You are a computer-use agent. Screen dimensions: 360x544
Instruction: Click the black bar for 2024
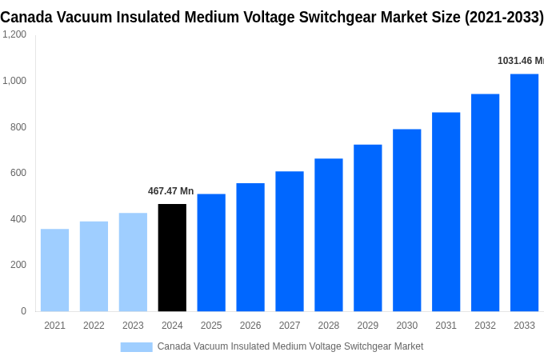point(172,258)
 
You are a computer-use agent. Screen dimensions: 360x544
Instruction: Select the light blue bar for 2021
point(54,270)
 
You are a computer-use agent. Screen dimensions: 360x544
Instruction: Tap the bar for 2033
point(524,192)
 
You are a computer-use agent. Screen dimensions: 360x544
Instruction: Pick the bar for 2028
point(328,234)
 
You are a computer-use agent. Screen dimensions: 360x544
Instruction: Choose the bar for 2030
point(406,220)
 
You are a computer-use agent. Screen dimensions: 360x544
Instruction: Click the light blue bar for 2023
point(133,262)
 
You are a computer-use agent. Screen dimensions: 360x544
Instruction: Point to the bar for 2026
point(250,247)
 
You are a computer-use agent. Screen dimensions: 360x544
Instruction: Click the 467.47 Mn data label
point(170,191)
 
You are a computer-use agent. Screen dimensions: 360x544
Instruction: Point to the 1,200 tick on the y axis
point(14,34)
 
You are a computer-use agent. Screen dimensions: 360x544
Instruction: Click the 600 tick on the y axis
point(18,173)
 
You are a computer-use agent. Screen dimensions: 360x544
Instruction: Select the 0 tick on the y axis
point(23,311)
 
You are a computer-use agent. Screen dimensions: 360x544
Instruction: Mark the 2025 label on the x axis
point(211,326)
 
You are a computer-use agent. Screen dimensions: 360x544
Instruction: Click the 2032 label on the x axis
point(485,326)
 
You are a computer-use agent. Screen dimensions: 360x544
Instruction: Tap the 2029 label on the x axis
point(367,326)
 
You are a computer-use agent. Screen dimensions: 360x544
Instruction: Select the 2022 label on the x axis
point(94,326)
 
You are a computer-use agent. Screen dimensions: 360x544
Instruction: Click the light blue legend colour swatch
point(136,346)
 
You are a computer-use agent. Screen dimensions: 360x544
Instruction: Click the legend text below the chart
point(290,346)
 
